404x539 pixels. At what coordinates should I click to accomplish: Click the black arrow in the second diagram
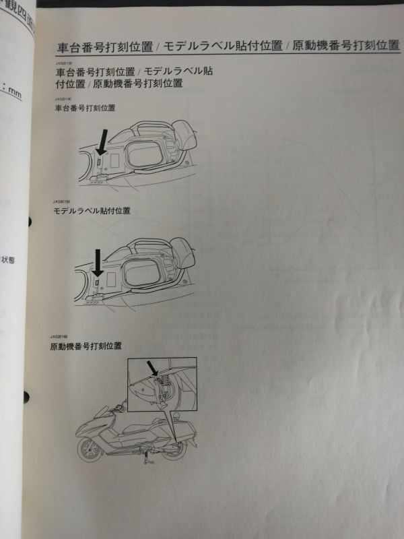point(97,262)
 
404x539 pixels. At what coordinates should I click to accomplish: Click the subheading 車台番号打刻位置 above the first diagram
point(85,108)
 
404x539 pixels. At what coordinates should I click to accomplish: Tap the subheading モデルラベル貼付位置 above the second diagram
point(92,211)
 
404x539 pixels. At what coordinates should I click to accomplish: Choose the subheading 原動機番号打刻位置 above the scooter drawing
point(85,346)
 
